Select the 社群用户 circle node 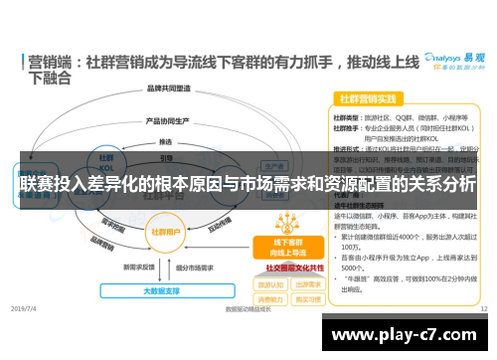(x=164, y=230)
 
